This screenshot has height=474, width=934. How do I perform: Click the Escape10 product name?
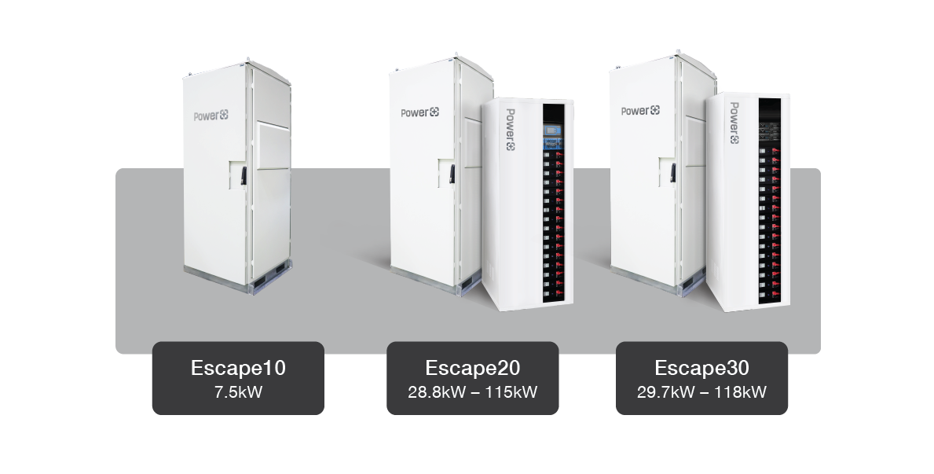[238, 368]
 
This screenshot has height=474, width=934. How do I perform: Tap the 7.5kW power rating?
[238, 392]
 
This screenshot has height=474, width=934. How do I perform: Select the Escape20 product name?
[472, 368]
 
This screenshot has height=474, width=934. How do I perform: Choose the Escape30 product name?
[701, 368]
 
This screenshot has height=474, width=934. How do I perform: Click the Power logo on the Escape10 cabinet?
[211, 116]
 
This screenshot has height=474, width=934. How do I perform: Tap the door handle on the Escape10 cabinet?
[244, 175]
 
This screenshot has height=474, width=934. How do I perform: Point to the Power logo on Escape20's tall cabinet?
[420, 112]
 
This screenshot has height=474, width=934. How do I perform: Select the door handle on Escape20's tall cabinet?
[452, 174]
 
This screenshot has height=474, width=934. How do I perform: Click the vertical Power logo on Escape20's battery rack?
[511, 130]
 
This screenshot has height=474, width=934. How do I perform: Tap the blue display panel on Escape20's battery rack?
[553, 137]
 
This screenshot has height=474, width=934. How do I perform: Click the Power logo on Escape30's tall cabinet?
[640, 110]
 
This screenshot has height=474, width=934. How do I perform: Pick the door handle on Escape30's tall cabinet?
[673, 172]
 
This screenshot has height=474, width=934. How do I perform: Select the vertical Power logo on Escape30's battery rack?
[734, 123]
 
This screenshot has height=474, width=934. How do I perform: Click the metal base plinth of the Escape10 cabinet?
[238, 279]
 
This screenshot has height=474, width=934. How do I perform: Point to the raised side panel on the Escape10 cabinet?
[273, 145]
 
